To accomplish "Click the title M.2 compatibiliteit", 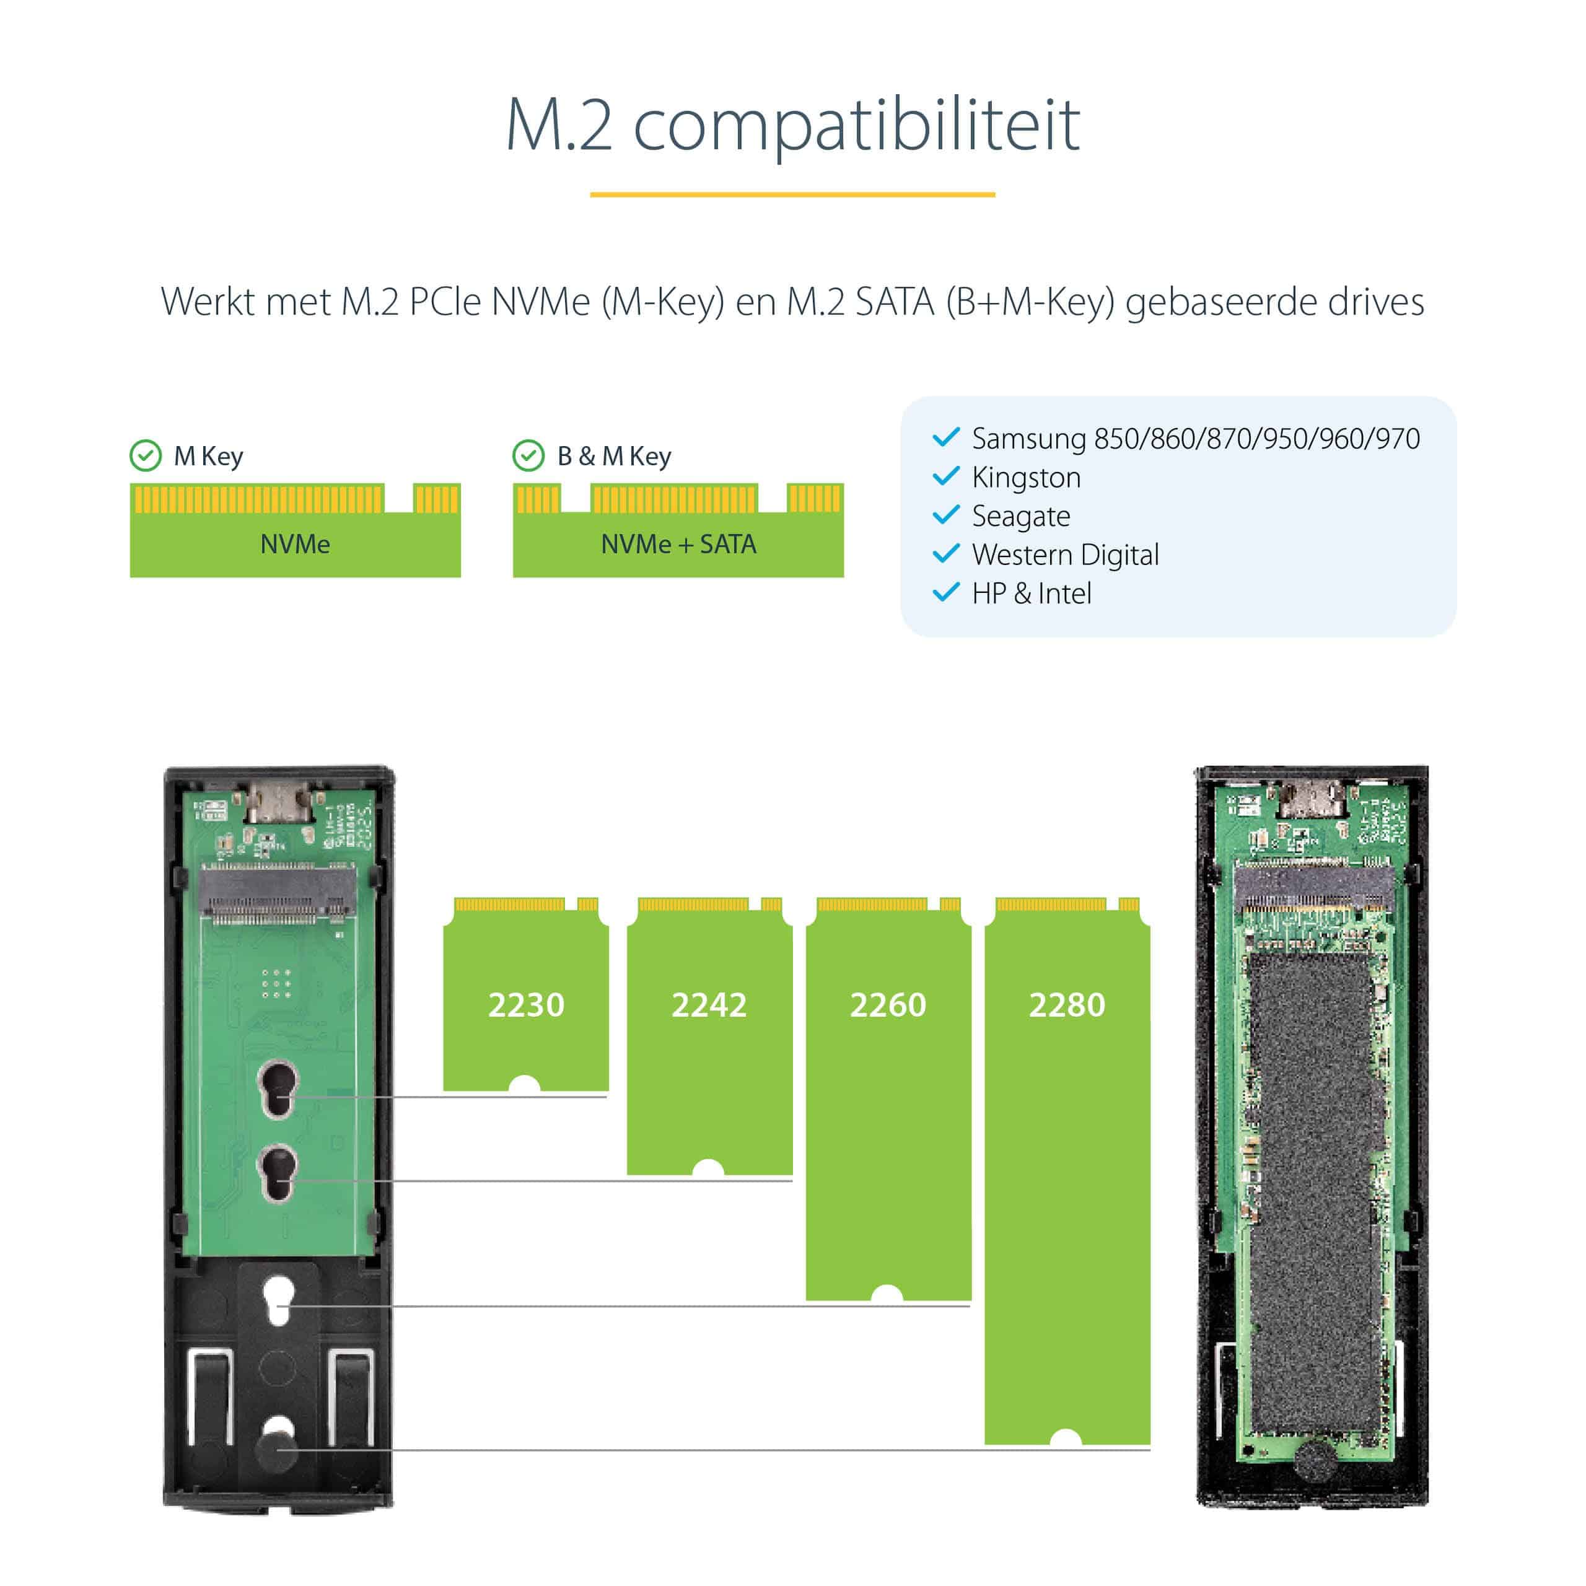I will point(792,125).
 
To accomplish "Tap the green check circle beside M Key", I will point(146,455).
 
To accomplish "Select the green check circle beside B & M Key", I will point(528,455).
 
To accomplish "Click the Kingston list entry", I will point(1025,478).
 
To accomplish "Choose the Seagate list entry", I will point(1020,516).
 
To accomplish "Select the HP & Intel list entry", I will point(1031,594).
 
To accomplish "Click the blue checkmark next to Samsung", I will point(945,437).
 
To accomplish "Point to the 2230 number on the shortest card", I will point(525,1005).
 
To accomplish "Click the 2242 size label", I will point(709,1005).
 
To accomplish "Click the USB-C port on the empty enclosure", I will point(280,801).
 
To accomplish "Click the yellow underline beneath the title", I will point(792,195).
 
